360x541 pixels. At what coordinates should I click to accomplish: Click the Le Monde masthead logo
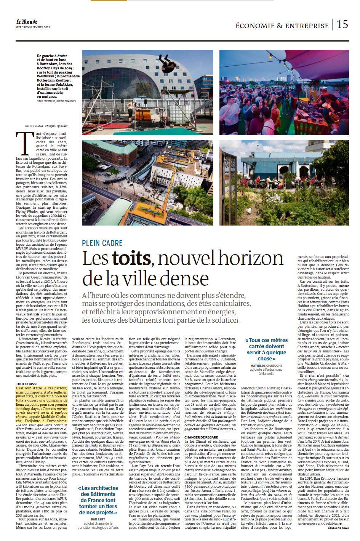pos(27,22)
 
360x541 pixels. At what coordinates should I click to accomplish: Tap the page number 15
pos(342,24)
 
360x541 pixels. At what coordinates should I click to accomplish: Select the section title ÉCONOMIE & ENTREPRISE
pos(282,26)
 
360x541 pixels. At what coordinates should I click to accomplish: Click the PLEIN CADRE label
pos(102,243)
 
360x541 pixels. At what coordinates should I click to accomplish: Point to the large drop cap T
pos(24,143)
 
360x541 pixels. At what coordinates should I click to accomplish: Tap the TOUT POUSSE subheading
pos(27,384)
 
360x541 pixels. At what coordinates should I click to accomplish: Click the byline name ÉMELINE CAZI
pos(338,528)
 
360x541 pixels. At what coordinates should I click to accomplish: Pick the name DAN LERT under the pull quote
pos(98,519)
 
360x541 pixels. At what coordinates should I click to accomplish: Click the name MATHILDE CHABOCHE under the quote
pos(266,366)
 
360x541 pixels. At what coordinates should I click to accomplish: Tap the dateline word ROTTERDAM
pos(34,126)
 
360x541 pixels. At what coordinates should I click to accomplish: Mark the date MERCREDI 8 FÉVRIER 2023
pos(33,27)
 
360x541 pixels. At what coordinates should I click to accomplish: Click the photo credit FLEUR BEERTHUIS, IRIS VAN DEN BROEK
pos(56,101)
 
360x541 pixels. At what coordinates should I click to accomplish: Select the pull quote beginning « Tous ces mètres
pos(266,349)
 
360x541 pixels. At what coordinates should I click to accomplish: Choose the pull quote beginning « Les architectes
pos(98,500)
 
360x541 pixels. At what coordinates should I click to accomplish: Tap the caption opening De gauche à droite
pos(52,56)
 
